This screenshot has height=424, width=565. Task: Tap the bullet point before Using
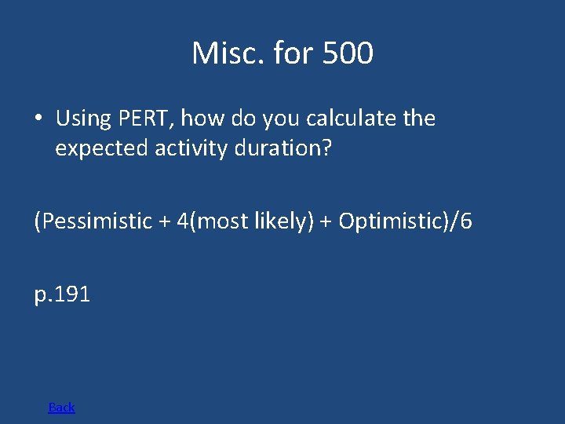coord(38,119)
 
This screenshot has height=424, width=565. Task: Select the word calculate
coord(348,119)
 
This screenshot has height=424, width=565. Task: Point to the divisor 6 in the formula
coord(467,221)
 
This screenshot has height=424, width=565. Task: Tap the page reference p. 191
coord(63,295)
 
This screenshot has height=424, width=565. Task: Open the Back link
coord(61,407)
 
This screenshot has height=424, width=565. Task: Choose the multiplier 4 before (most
coord(182,221)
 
